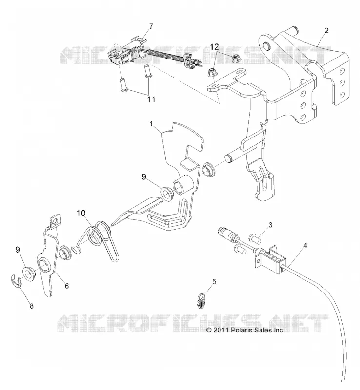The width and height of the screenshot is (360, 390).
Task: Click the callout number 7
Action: click(151, 26)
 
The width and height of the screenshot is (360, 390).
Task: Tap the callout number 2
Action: click(327, 30)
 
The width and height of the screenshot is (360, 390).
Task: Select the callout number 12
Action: click(214, 46)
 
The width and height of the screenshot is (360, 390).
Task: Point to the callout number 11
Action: click(151, 99)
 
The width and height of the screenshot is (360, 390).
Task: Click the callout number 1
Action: click(151, 124)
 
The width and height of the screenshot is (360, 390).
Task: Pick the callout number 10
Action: click(81, 213)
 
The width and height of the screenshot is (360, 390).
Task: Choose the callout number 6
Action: click(67, 286)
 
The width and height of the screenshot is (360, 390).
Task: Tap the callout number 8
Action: click(31, 306)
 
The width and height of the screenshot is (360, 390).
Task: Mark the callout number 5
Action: click(214, 282)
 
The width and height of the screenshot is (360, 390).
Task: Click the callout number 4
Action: click(305, 245)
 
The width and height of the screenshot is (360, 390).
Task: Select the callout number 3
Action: click(270, 225)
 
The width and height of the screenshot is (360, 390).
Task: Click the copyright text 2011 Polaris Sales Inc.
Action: click(245, 330)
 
